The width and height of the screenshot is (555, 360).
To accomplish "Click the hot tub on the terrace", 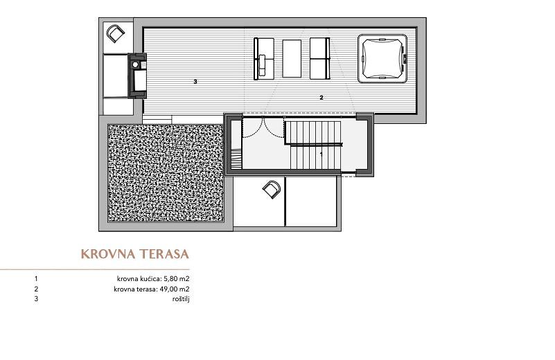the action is [x=382, y=58].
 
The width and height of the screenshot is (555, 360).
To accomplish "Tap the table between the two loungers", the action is [x=292, y=58].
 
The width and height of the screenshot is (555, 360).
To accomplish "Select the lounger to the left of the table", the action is [x=264, y=58].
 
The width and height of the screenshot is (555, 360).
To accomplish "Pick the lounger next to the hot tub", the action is [x=319, y=58].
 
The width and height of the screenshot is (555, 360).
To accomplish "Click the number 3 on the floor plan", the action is [x=195, y=82].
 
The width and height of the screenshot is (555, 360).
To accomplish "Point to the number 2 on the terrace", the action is [x=321, y=98].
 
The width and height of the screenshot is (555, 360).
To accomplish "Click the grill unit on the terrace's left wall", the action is [x=137, y=75].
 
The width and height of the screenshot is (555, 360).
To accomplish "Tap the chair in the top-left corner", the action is [x=116, y=34].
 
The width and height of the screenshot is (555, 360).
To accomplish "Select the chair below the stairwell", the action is [x=272, y=189].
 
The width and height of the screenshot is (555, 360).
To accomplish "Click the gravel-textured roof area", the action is [x=166, y=172].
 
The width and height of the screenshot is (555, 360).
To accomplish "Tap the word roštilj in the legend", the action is [x=181, y=299].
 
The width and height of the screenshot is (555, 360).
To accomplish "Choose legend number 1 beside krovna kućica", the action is [x=36, y=279].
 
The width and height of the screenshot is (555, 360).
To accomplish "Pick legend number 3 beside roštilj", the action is [x=36, y=299].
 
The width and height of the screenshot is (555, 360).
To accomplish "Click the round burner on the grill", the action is [x=135, y=64].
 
